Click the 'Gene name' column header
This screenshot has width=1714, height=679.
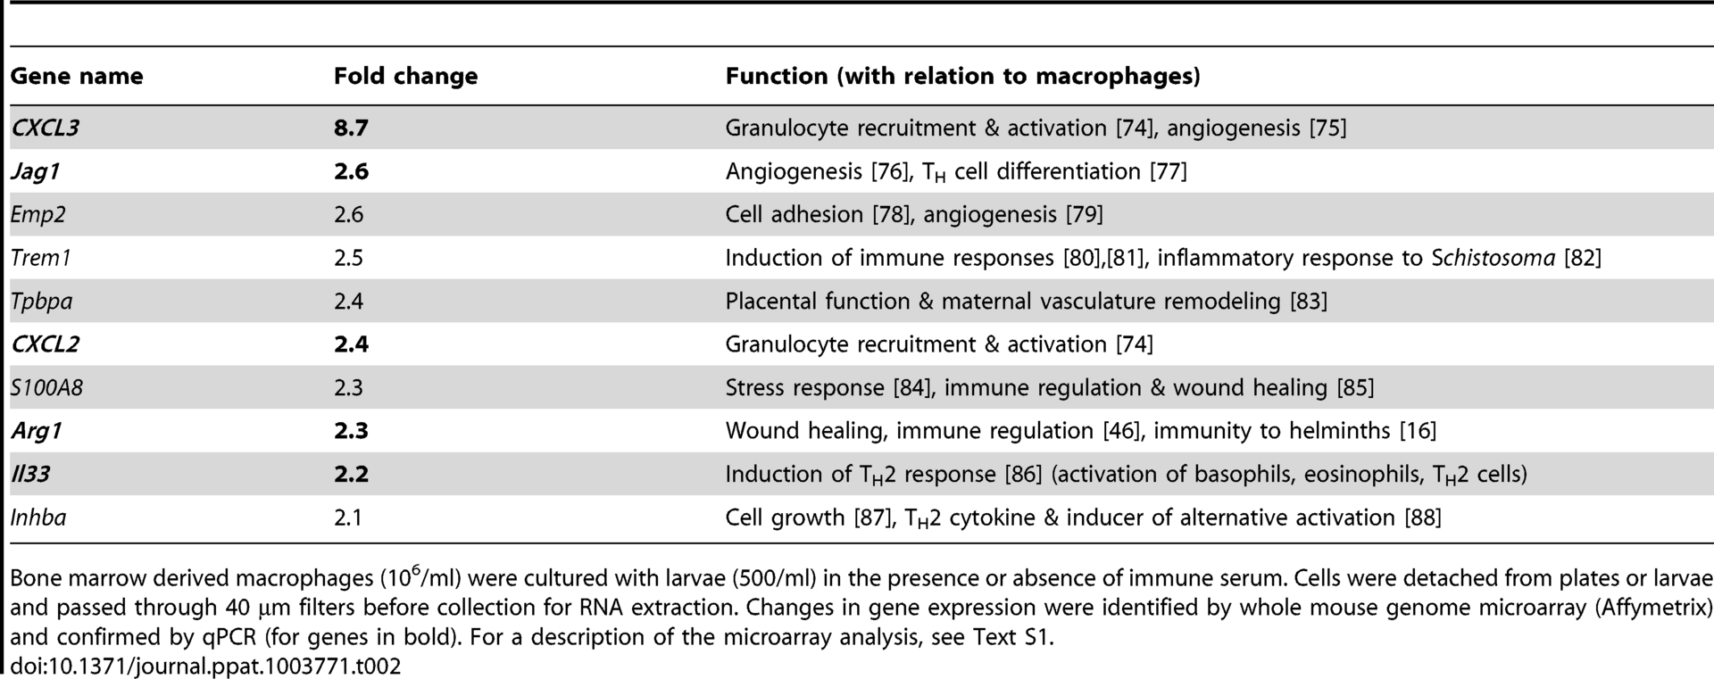click(77, 77)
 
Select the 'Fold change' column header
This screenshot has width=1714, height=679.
click(405, 77)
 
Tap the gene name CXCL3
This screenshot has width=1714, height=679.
click(45, 128)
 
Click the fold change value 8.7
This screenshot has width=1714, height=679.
click(351, 128)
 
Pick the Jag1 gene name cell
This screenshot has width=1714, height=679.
click(35, 171)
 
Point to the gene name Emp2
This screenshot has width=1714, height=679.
click(37, 215)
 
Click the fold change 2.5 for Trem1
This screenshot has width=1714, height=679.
click(348, 258)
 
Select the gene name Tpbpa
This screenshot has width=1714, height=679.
click(41, 302)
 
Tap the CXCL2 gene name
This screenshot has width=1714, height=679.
click(45, 344)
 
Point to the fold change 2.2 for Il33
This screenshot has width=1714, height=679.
click(351, 474)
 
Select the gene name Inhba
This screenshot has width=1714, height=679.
click(37, 518)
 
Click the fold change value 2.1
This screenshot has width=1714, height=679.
click(348, 518)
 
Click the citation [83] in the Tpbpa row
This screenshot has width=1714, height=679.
click(1309, 302)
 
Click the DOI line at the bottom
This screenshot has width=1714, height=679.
click(205, 666)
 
